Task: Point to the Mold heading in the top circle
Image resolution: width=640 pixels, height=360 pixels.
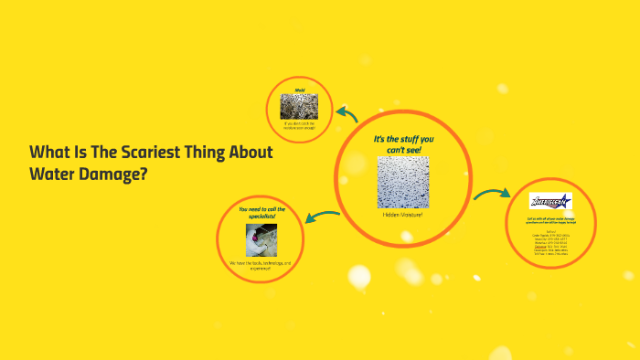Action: (x=299, y=90)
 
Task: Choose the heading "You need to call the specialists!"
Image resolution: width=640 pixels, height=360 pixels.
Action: (x=261, y=213)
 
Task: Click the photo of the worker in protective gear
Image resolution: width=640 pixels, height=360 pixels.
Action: (x=261, y=239)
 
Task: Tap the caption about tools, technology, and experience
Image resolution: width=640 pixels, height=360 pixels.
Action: (x=261, y=266)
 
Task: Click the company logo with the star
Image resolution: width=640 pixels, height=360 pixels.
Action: (x=550, y=201)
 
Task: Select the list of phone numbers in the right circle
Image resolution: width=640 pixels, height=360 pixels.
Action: (x=550, y=242)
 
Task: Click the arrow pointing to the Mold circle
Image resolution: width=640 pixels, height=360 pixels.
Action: (x=347, y=113)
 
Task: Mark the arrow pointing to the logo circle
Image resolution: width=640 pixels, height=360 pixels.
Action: (x=492, y=196)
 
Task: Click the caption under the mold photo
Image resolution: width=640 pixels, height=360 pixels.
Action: (x=299, y=124)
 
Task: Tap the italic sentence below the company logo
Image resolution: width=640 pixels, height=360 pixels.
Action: (x=550, y=223)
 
